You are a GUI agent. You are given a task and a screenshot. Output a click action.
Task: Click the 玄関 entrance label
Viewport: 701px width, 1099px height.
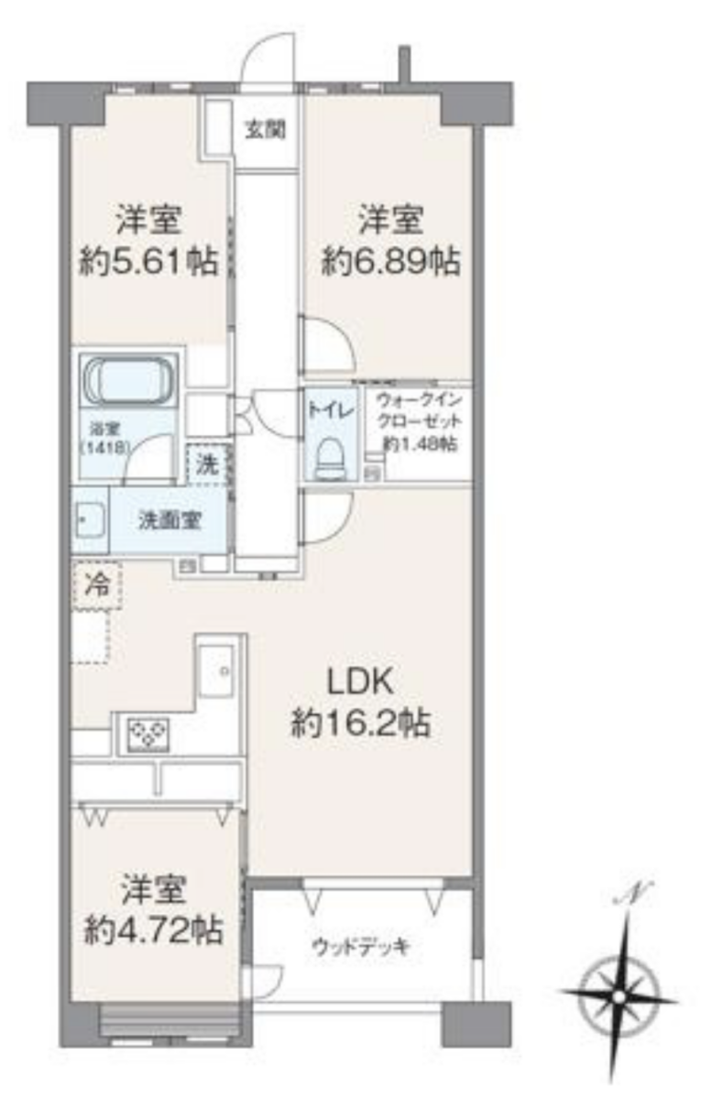(265, 129)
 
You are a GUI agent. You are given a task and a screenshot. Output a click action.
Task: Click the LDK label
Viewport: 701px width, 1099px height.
(360, 681)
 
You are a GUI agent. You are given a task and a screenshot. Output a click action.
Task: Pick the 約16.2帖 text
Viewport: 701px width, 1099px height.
(361, 724)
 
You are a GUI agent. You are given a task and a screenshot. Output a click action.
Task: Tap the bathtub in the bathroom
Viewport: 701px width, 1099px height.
(129, 381)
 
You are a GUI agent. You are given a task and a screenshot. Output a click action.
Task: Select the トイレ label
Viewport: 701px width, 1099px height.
(331, 410)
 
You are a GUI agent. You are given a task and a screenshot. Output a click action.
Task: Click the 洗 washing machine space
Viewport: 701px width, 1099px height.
(207, 464)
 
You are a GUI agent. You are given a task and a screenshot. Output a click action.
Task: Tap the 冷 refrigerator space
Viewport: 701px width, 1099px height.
(97, 586)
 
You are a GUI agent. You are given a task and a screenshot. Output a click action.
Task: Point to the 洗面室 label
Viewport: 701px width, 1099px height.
(170, 520)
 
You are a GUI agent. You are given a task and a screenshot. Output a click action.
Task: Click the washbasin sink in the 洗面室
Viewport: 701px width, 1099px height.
(90, 520)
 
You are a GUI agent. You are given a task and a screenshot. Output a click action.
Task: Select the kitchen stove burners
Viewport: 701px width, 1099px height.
(148, 734)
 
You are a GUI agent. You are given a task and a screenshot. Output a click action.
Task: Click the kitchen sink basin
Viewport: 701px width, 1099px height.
(216, 670)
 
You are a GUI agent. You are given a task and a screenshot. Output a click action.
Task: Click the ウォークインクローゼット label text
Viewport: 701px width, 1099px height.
(420, 422)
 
